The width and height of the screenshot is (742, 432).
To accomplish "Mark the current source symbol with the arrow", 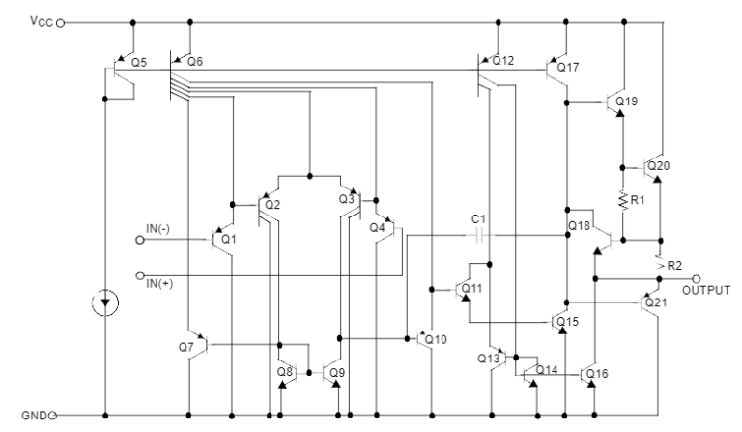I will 104,304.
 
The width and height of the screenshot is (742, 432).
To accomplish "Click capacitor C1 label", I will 478,221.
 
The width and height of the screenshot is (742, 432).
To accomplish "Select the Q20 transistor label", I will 659,166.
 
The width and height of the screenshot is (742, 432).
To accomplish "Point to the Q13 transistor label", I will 488,358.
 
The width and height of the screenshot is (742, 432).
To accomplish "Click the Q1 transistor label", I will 228,238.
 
